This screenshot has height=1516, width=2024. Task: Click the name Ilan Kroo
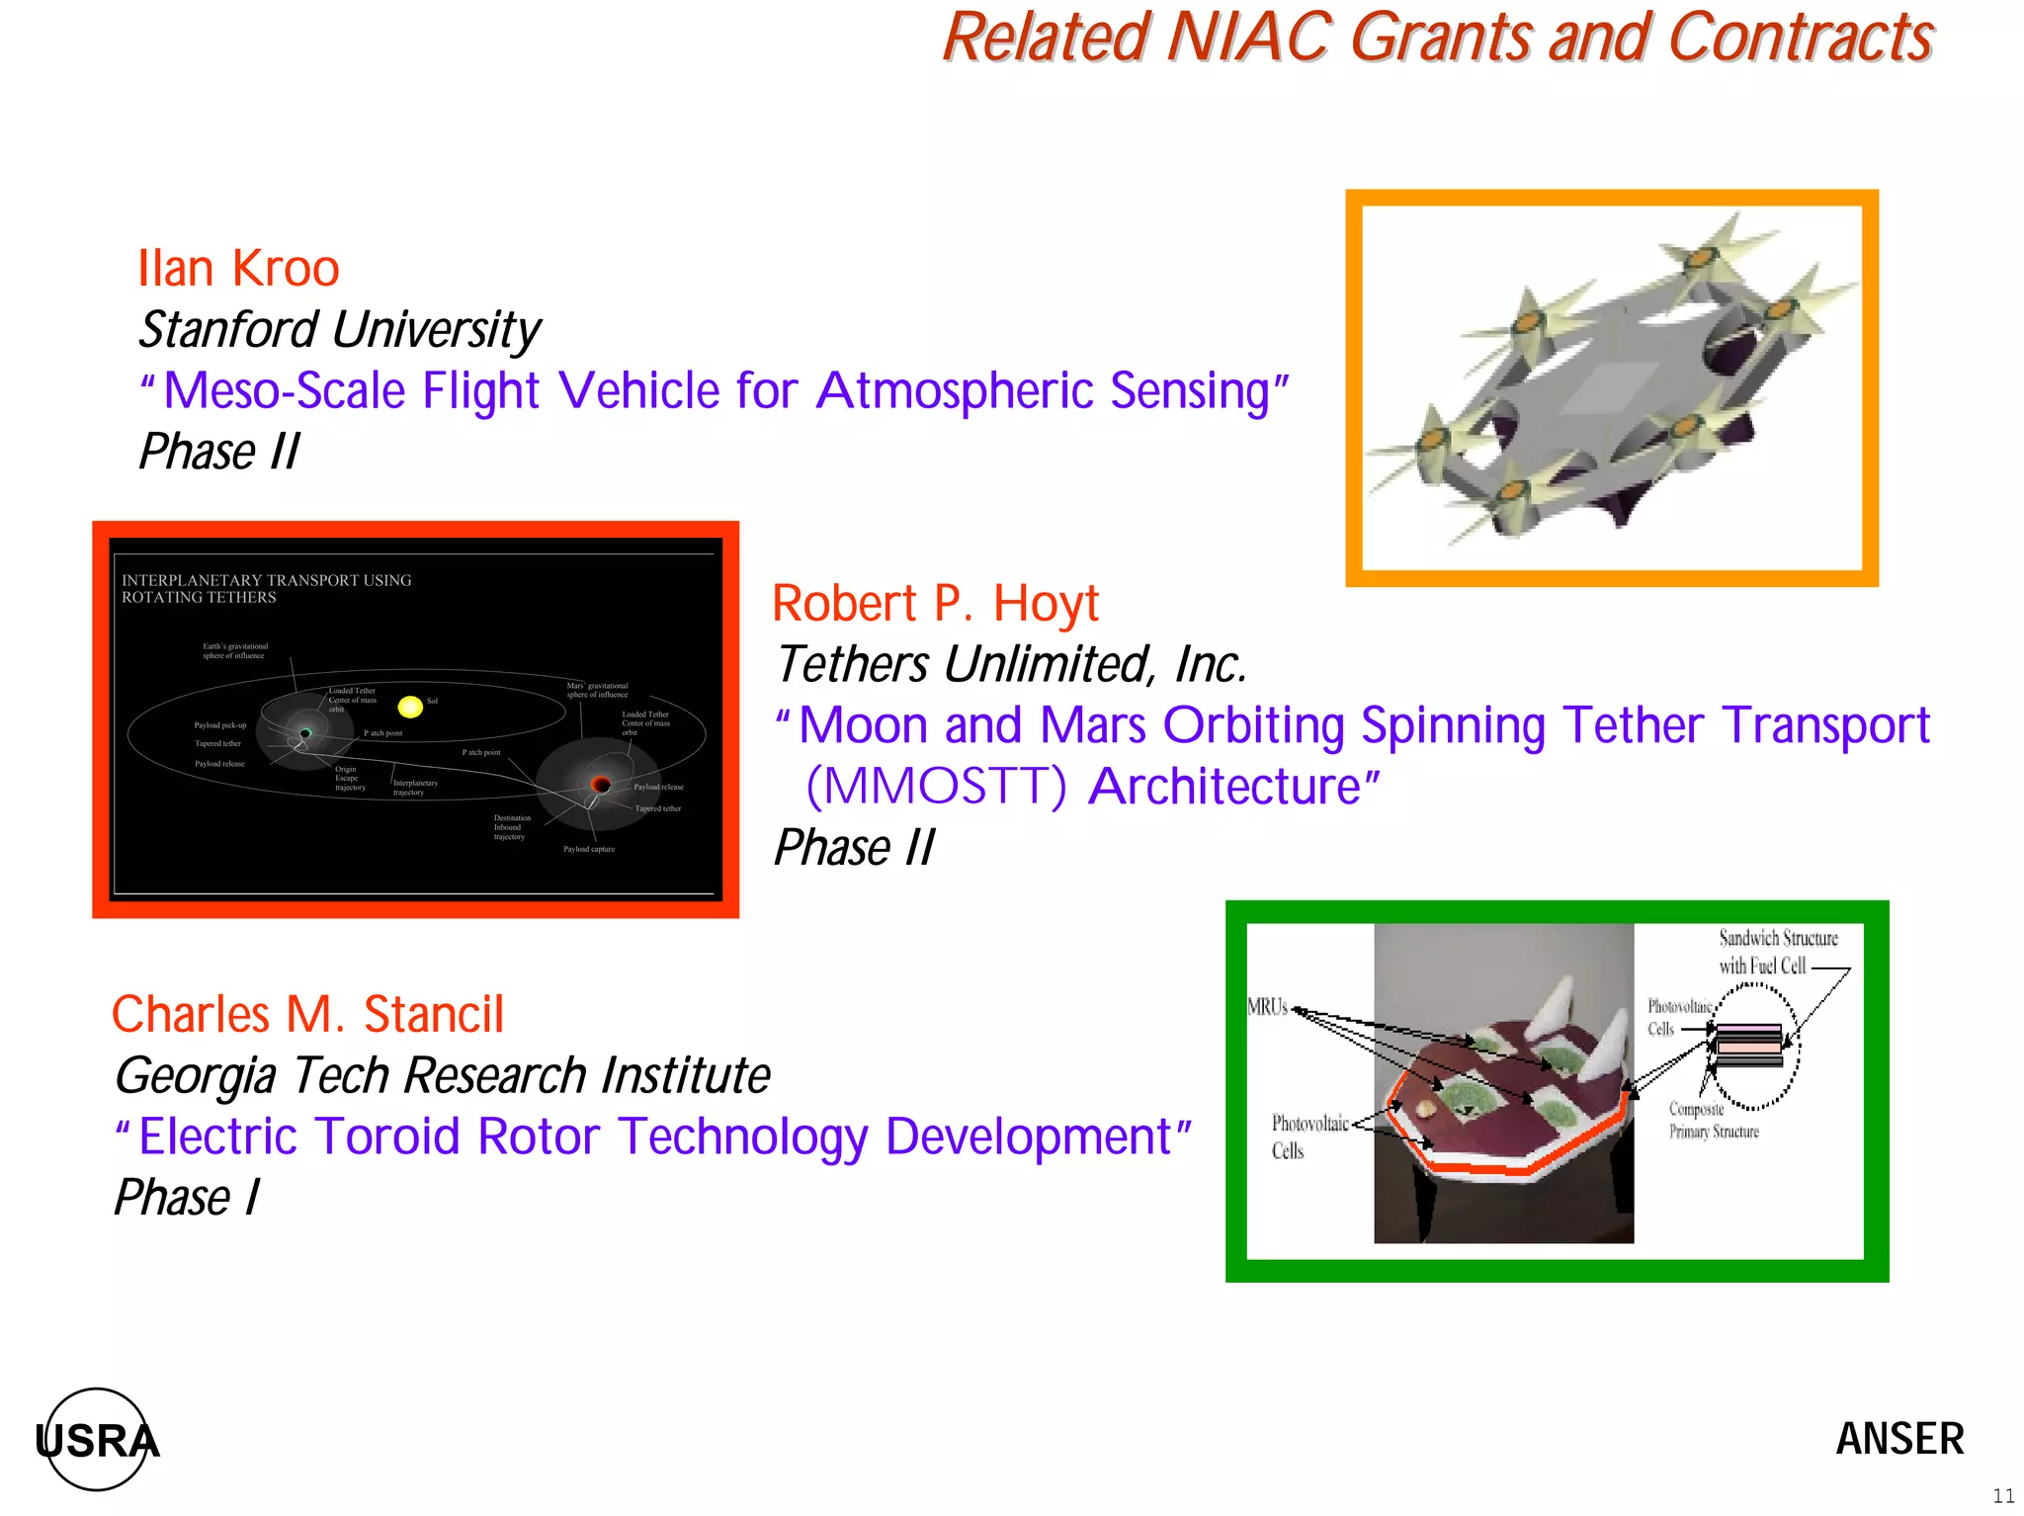tap(238, 269)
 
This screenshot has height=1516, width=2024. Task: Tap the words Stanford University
tap(339, 330)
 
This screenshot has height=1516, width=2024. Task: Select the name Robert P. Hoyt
tap(935, 604)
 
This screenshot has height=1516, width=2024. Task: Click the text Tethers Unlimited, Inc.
tap(1010, 664)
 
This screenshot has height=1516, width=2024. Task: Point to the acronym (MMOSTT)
tap(936, 787)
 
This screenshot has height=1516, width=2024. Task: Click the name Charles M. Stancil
tap(307, 1015)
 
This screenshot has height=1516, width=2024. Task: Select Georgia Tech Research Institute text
tap(442, 1075)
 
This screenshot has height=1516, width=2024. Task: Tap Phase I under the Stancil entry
tap(186, 1198)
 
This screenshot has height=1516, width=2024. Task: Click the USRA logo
tap(97, 1440)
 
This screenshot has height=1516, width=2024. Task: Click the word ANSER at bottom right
tap(1899, 1439)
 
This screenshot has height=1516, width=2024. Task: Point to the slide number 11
tap(2003, 1496)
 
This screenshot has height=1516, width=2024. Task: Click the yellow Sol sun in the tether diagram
tap(410, 706)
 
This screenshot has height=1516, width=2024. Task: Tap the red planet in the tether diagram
tap(600, 785)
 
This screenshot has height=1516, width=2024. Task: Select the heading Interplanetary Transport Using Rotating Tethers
tap(266, 589)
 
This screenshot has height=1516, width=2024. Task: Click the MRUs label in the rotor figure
tap(1267, 1007)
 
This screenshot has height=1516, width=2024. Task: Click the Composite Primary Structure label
tap(1713, 1121)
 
